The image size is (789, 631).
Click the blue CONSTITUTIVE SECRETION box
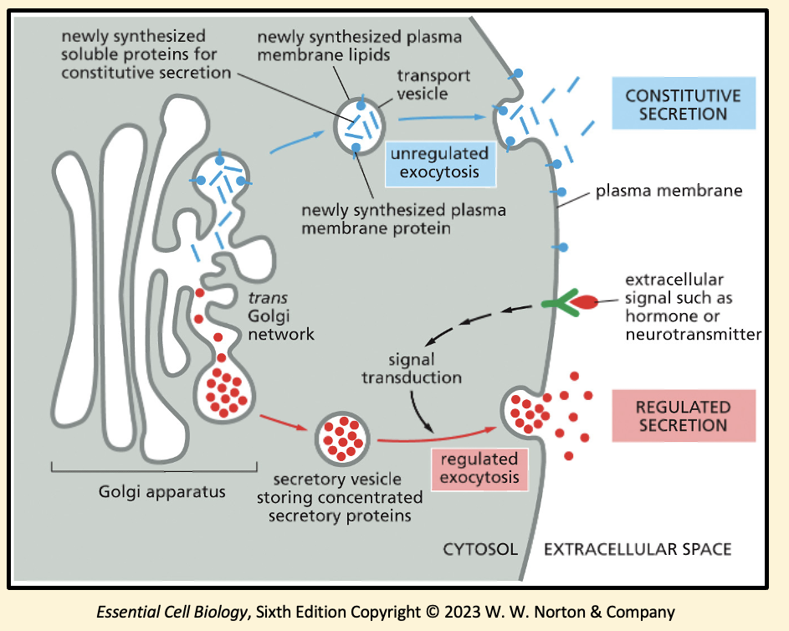[683, 104]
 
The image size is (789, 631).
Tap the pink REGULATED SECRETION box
[683, 416]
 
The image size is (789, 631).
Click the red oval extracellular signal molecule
[585, 302]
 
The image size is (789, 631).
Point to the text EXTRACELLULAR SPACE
[638, 550]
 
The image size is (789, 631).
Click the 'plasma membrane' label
[669, 191]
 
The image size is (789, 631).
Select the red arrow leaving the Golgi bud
[284, 422]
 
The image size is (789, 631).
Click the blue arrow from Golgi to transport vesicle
[297, 141]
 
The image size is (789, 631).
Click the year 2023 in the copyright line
[466, 612]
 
